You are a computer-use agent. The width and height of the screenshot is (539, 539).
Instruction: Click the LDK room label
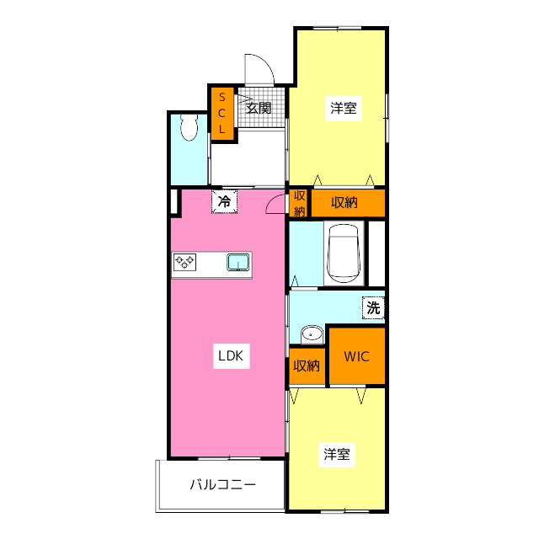(x=230, y=356)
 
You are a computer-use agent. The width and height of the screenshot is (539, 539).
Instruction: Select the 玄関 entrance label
(x=259, y=108)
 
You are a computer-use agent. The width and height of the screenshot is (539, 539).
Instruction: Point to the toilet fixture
(x=189, y=129)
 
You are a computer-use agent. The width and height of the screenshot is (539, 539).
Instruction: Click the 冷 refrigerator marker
(x=224, y=202)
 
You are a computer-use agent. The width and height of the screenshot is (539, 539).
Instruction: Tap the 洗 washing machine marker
(x=373, y=308)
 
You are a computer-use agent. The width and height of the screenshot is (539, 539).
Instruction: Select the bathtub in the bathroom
(x=344, y=253)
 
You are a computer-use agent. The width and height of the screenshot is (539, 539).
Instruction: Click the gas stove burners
(x=185, y=263)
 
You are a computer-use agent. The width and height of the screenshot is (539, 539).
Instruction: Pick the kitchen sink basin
(x=238, y=263)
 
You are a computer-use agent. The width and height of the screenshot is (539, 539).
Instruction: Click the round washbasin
(x=312, y=334)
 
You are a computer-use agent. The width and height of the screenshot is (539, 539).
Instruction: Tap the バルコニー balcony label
(x=222, y=485)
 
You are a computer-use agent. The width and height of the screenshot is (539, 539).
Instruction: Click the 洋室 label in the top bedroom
(x=343, y=108)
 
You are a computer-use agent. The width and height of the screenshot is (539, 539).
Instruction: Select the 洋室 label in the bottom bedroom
(x=337, y=455)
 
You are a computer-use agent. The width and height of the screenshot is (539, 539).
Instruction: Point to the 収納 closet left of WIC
(x=307, y=366)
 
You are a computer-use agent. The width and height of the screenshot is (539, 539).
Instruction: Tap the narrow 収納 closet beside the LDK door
(x=299, y=202)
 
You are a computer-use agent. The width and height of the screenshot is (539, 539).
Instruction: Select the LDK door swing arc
(x=275, y=204)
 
